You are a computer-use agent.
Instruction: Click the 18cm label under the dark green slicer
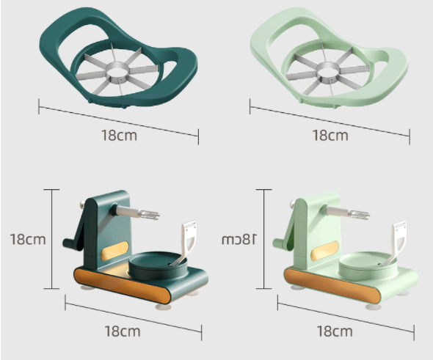point(120,136)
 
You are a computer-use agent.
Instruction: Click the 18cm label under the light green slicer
point(330,136)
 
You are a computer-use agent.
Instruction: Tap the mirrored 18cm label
point(239,240)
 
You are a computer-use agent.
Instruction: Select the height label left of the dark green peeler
point(28,239)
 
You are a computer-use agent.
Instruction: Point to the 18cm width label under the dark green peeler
point(123,331)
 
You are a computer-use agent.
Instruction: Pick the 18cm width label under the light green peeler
point(335,331)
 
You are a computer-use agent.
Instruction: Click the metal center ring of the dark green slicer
point(118,70)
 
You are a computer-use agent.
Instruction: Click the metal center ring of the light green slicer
point(328,70)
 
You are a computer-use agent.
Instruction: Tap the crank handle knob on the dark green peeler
point(68,243)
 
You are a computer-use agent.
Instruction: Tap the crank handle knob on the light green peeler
point(278,243)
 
